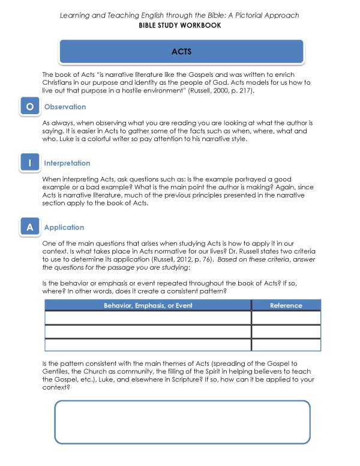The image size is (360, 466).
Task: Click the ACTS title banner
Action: tap(181, 52)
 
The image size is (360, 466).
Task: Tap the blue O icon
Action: tap(29, 107)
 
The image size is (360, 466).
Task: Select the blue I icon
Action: tap(29, 163)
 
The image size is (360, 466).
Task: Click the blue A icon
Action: tap(29, 228)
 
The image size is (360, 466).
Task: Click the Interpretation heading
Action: tap(67, 163)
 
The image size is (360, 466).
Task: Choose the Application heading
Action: tap(64, 228)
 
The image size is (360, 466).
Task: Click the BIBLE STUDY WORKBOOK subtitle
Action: tap(179, 25)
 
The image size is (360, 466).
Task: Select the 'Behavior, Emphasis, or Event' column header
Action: tap(148, 306)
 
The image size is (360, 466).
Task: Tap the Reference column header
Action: tap(286, 306)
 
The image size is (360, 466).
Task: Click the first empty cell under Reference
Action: tap(286, 318)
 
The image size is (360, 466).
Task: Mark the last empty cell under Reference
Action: tap(286, 345)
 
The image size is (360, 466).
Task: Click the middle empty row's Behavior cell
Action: tap(148, 331)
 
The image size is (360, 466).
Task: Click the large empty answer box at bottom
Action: tap(182, 422)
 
